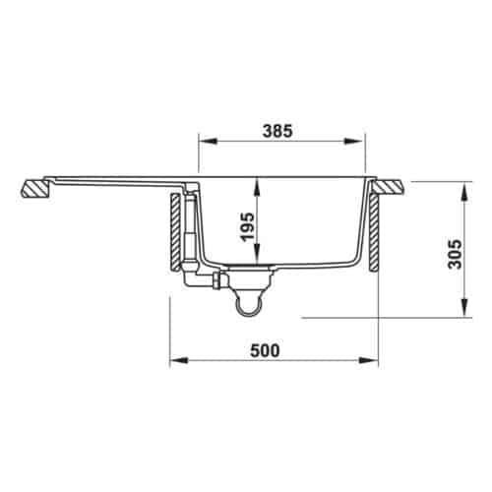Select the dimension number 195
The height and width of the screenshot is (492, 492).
[x=246, y=227]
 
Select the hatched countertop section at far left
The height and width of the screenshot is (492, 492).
[x=36, y=188]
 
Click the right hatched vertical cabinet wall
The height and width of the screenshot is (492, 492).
[x=376, y=236]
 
